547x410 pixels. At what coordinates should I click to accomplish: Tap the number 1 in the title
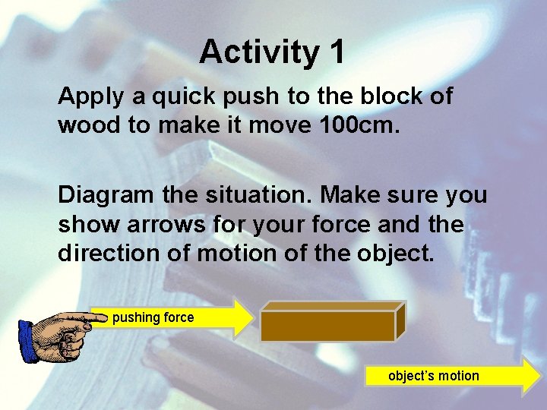coord(337,52)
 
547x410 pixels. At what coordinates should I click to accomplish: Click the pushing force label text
coord(153,317)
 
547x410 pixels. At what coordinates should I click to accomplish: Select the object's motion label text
coord(433,376)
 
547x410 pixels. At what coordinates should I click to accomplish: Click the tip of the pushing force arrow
coord(253,317)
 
